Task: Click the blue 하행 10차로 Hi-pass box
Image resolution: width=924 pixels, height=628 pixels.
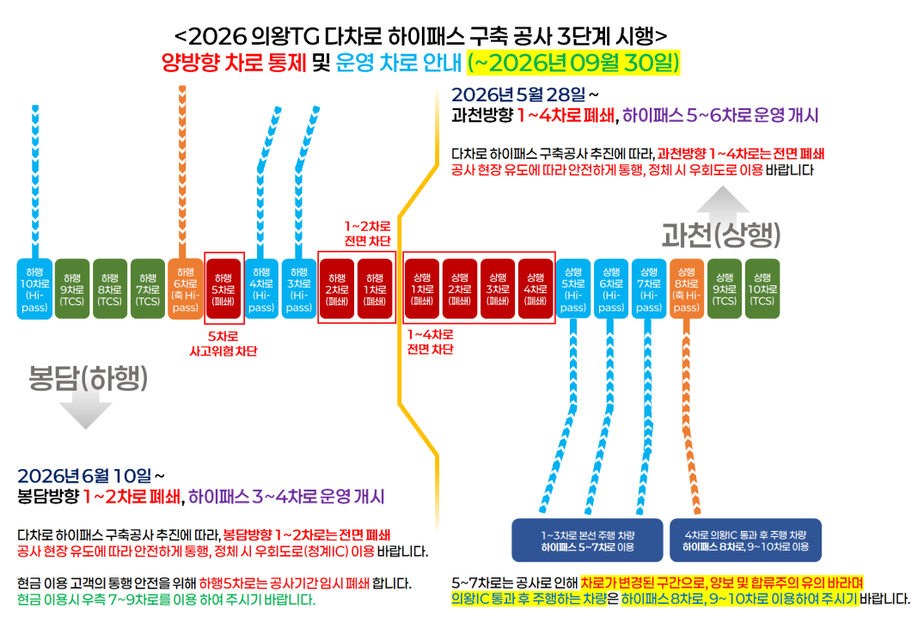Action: pos(34,289)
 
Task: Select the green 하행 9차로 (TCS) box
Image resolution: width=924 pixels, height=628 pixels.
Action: pos(72,289)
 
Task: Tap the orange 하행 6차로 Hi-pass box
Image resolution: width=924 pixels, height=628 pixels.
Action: pos(186,289)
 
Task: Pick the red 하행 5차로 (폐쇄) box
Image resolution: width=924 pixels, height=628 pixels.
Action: pos(223,289)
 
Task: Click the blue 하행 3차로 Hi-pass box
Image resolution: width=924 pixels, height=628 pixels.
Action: pos(299,289)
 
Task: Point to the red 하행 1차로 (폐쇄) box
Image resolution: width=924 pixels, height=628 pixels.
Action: pos(375,289)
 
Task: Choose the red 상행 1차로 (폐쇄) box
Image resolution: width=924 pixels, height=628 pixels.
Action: pos(422,289)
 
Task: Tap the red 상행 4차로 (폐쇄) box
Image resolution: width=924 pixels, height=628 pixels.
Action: pos(535,289)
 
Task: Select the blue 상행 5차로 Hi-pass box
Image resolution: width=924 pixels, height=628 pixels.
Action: pos(573,289)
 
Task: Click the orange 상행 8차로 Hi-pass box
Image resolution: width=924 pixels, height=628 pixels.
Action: pos(687,289)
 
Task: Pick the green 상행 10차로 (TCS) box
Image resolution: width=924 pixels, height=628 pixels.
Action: pos(762,289)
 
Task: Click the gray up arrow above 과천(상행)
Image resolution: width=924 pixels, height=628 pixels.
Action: pos(723,200)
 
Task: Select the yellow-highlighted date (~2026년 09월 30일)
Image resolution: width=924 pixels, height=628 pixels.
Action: pos(574,63)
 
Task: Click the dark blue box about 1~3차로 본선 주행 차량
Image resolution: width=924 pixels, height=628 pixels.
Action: pos(588,540)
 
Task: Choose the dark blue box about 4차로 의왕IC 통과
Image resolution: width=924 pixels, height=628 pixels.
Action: pos(745,540)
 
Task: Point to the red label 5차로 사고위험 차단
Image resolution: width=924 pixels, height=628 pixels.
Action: pos(223,344)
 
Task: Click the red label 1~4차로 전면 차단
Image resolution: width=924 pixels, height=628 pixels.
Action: pos(430,342)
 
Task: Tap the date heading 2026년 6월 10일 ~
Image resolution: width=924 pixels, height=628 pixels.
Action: pos(91,475)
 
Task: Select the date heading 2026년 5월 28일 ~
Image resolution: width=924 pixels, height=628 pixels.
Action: pos(525,95)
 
